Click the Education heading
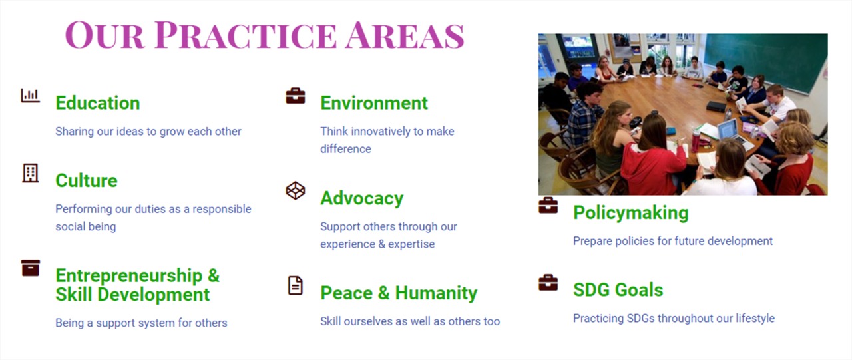tap(98, 103)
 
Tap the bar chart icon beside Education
tap(31, 95)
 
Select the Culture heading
tap(87, 180)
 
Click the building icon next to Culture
tap(31, 174)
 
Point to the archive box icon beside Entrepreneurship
tap(31, 268)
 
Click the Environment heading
tap(374, 103)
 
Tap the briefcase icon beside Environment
tap(296, 96)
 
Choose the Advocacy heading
tap(361, 198)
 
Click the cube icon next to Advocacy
tap(296, 190)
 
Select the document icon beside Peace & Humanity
tap(296, 285)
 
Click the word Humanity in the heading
tap(436, 293)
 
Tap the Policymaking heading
tap(630, 213)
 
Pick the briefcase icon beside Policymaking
tap(548, 205)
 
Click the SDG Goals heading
tap(618, 290)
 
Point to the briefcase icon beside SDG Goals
tap(548, 283)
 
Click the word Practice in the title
tap(246, 35)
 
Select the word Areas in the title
tap(405, 35)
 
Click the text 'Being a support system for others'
tap(141, 323)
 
